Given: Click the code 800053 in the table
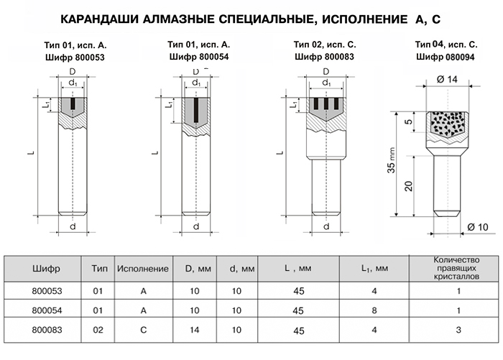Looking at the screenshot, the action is tap(47, 291).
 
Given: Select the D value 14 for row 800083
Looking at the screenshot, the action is tap(195, 330).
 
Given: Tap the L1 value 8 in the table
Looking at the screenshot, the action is tap(374, 310).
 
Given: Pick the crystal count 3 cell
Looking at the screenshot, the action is tap(458, 330).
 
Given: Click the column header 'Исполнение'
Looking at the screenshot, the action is tap(143, 269).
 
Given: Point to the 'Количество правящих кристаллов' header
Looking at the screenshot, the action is tap(456, 268).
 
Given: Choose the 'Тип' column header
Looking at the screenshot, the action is tap(99, 268).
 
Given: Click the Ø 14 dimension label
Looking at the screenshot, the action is tap(446, 79).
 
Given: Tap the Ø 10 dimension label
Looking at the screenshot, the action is tap(477, 227).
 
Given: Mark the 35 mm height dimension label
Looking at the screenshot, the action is tap(392, 160).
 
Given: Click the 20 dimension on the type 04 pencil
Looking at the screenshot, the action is tap(408, 186).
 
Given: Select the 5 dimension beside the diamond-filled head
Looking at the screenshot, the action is tap(408, 121).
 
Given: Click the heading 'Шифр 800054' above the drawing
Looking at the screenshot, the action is tap(199, 57).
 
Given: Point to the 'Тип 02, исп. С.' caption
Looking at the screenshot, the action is tap(325, 45).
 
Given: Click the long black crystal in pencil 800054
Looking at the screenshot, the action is tap(196, 110).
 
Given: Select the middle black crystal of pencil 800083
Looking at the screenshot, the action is tap(326, 103).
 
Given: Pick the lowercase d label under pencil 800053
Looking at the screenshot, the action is tap(73, 226).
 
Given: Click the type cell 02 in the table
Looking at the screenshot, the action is tap(98, 330).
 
